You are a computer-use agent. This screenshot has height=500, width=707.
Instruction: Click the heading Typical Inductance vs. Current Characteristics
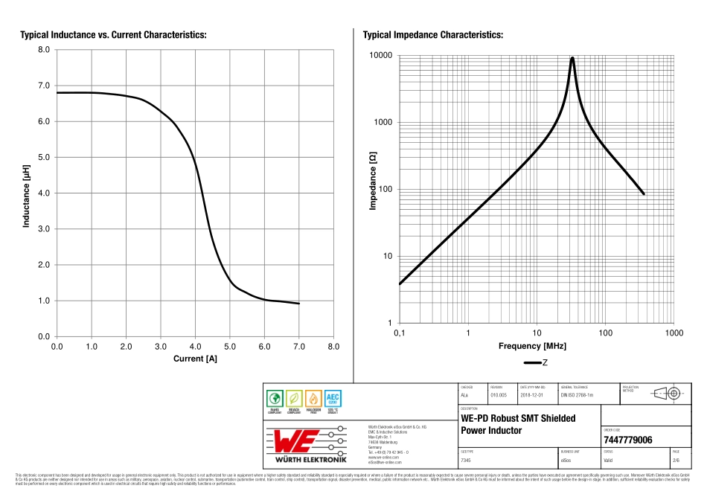pyautogui.click(x=113, y=35)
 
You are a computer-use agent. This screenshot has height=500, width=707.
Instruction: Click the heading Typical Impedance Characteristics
pyautogui.click(x=432, y=35)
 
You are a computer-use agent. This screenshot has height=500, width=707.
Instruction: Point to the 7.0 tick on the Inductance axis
pyautogui.click(x=43, y=86)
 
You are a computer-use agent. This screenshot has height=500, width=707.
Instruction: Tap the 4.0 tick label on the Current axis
pyautogui.click(x=195, y=347)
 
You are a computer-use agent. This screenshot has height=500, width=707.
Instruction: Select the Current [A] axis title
pyautogui.click(x=195, y=359)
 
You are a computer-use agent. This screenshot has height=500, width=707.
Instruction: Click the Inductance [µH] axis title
pyautogui.click(x=26, y=195)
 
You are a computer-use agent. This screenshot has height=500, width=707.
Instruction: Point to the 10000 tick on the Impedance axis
pyautogui.click(x=381, y=56)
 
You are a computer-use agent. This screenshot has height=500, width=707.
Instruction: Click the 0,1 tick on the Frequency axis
pyautogui.click(x=400, y=332)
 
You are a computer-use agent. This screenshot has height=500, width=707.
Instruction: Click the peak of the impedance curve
pyautogui.click(x=572, y=58)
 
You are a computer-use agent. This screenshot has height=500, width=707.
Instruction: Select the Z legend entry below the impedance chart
pyautogui.click(x=536, y=363)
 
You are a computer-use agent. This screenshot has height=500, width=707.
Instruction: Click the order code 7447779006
pyautogui.click(x=627, y=440)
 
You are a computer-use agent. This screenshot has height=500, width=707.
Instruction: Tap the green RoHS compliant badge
pyautogui.click(x=275, y=400)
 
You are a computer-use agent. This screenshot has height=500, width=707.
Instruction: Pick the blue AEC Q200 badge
pyautogui.click(x=333, y=400)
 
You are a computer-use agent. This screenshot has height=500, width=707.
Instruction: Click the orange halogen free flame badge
pyautogui.click(x=313, y=400)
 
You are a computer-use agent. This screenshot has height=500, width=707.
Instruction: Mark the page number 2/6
pyautogui.click(x=675, y=461)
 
